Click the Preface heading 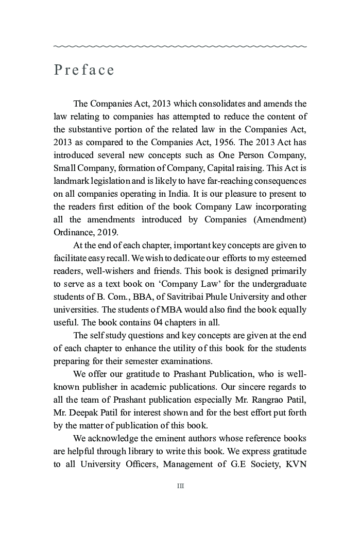(84, 70)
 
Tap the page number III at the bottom (180, 486)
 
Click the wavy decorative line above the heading (180, 46)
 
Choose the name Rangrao (259, 400)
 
